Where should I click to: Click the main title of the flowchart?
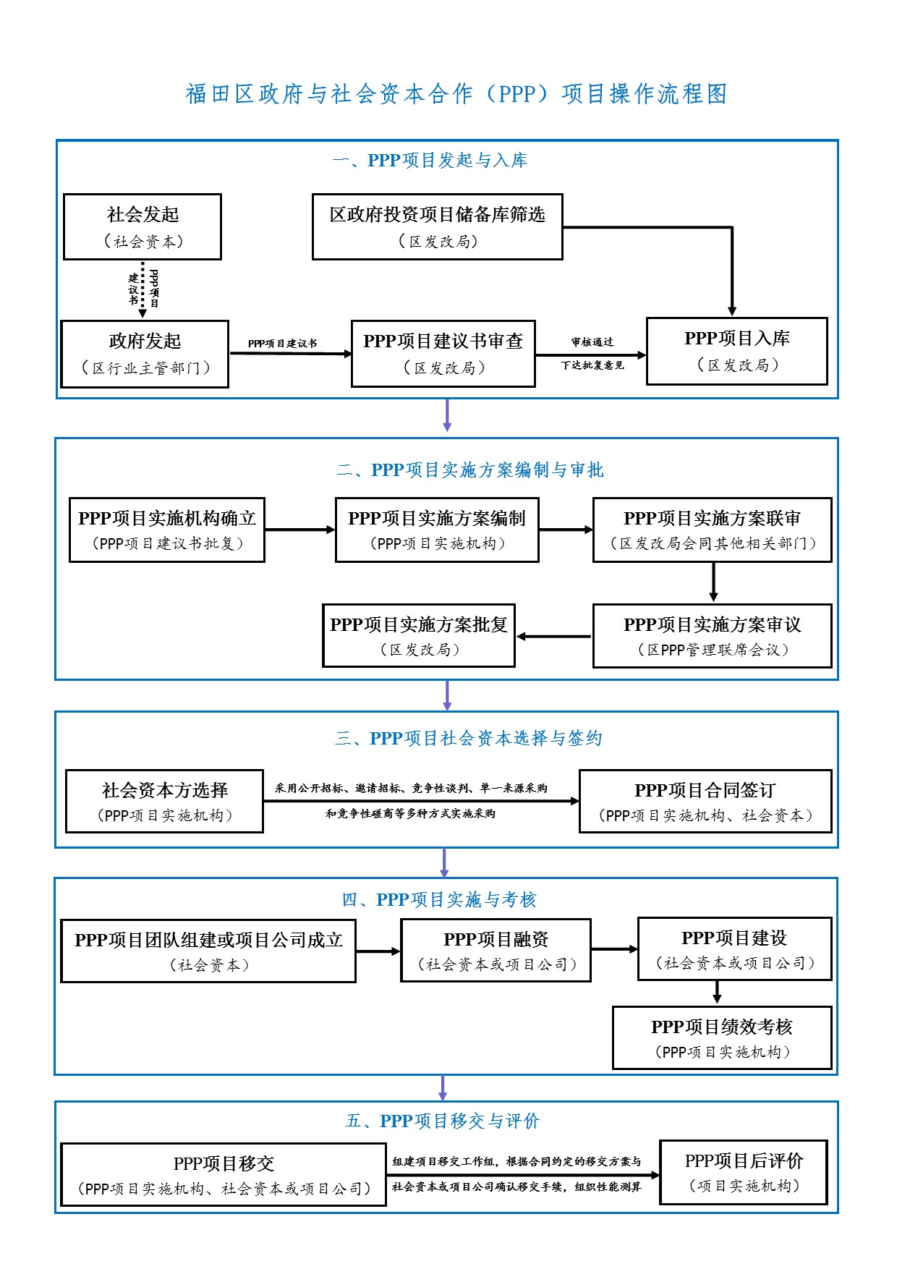[456, 94]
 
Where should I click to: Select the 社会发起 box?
[143, 226]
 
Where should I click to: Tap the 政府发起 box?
[145, 354]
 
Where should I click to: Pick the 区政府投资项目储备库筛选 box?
[437, 226]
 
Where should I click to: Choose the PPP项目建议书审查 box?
[443, 354]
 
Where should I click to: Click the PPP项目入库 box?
[736, 351]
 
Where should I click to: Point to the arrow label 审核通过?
[592, 342]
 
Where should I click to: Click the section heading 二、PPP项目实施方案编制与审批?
[469, 470]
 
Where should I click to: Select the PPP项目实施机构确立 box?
[167, 530]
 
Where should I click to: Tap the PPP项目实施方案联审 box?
[712, 530]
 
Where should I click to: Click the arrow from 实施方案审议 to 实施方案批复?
[554, 637]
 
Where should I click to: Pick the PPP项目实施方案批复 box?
[419, 635]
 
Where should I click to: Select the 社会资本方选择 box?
[164, 801]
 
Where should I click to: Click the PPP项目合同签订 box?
[705, 801]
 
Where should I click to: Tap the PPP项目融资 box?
[496, 950]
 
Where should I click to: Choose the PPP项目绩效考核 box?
[721, 1037]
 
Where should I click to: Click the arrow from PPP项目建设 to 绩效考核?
[717, 993]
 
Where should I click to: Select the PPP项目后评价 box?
[743, 1172]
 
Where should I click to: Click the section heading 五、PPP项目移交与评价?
[443, 1121]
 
